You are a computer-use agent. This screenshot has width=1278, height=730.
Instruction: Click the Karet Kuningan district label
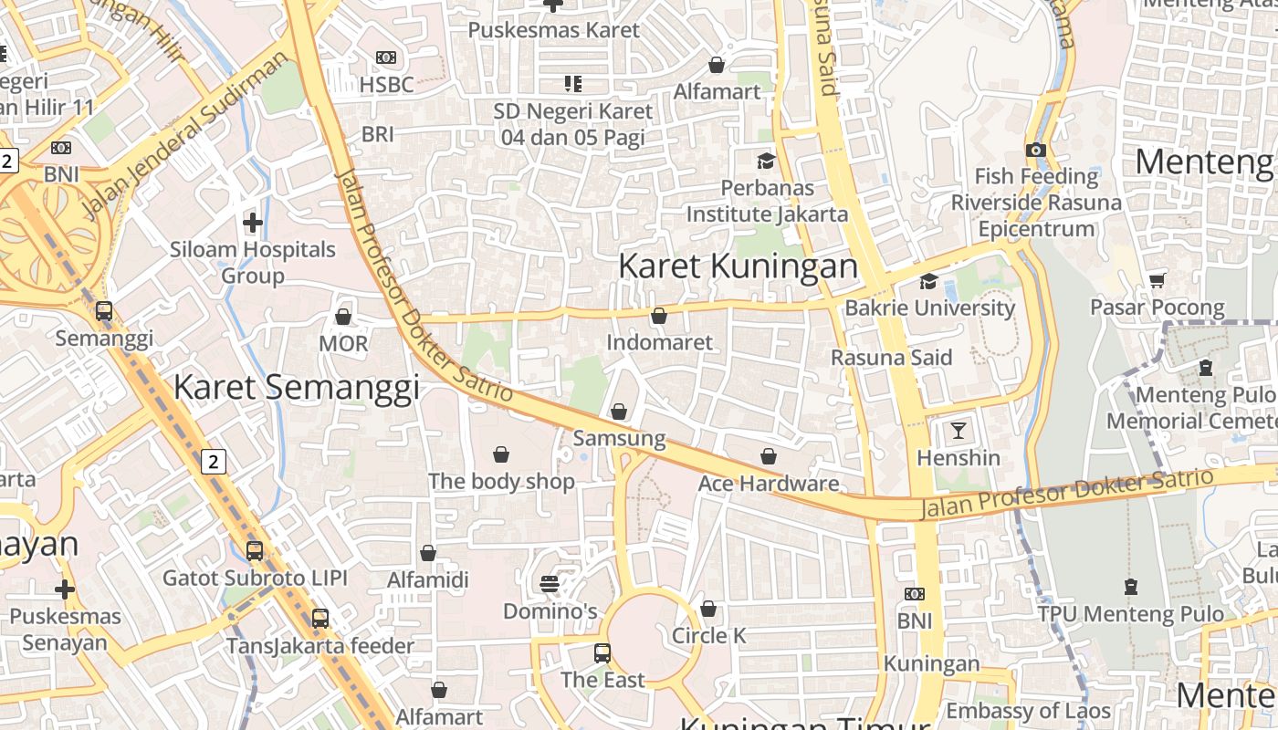[738, 266]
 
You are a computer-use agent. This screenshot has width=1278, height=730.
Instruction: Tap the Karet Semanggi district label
[296, 387]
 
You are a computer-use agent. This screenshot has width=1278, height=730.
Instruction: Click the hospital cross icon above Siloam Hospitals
[253, 222]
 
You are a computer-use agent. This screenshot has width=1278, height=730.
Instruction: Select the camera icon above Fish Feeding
[1035, 150]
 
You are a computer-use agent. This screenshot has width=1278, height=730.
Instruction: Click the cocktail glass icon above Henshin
[958, 430]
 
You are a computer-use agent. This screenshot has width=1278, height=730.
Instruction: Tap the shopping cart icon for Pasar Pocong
[1158, 280]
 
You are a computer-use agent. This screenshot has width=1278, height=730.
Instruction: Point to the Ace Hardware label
[768, 484]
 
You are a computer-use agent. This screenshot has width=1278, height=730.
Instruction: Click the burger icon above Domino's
[550, 583]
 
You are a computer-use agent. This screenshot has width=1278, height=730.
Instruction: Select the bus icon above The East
[602, 652]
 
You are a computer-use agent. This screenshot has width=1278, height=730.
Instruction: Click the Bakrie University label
[929, 308]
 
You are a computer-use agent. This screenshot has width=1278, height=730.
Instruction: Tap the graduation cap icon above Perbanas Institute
[766, 161]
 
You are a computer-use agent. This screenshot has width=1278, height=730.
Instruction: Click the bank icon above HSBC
[386, 57]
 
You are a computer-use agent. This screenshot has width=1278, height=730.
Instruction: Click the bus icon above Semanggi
[104, 311]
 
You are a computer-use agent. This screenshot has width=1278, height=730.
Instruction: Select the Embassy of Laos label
[1028, 711]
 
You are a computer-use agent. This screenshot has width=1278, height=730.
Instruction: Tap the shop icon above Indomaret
[659, 316]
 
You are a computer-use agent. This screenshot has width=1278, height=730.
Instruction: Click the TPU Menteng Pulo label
[1130, 614]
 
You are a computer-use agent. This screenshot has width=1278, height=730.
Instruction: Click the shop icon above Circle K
[708, 608]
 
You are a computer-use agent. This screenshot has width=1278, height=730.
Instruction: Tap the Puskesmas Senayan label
[65, 630]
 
